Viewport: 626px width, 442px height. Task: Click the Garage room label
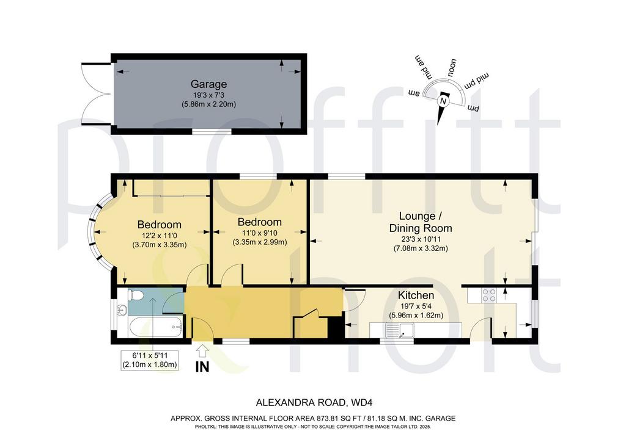(208, 84)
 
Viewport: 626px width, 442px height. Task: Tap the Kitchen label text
(416, 295)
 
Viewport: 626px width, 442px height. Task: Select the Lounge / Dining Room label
(421, 222)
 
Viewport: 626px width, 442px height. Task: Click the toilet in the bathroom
(136, 295)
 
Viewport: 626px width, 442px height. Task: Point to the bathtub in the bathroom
(156, 327)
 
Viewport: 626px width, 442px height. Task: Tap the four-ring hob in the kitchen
(489, 295)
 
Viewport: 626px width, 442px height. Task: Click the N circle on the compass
(443, 101)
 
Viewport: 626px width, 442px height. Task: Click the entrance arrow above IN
(202, 350)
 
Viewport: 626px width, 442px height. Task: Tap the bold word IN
(202, 367)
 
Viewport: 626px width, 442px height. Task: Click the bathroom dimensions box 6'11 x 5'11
(150, 360)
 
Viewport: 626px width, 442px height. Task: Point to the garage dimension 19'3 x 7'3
(208, 95)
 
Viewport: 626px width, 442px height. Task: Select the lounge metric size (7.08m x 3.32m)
(421, 248)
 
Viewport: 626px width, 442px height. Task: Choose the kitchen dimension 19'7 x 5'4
(416, 306)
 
